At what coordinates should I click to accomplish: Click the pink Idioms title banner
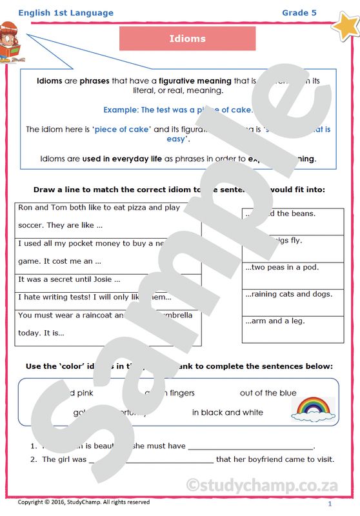coord(187,39)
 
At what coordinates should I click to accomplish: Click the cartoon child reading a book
coord(12,42)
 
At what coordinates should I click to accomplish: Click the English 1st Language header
coord(66,13)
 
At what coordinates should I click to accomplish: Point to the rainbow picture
coord(314,408)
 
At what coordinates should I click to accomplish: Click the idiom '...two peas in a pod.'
coord(281,267)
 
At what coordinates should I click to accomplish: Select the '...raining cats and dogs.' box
coord(288,294)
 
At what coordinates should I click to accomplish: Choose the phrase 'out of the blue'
coord(268,393)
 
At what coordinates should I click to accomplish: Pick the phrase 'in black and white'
coord(227,413)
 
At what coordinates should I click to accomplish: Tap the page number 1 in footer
coord(330,504)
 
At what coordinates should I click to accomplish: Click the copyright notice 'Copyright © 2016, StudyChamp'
coord(84,502)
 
